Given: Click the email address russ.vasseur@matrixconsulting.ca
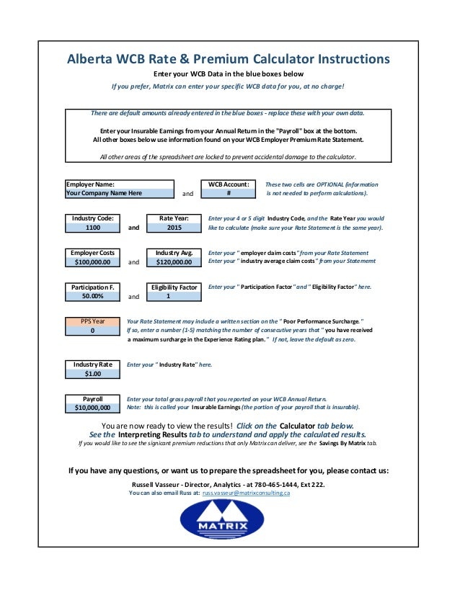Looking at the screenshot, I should point(246,493).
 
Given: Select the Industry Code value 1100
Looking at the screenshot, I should point(93,227).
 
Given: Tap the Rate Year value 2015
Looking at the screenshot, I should point(174,227).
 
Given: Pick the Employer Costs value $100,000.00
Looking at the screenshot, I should point(93,262).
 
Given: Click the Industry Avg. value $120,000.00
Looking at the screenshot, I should point(174,262).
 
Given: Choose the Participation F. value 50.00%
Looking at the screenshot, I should point(92,296).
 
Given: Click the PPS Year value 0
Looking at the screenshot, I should point(92,331).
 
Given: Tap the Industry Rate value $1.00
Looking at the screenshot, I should point(92,374).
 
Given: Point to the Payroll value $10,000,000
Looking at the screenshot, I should point(92,408).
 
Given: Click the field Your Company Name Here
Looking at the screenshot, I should point(120,193).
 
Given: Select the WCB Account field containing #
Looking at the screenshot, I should point(228,193).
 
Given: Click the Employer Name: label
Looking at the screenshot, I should point(90,184).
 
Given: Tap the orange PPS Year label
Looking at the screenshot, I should point(92,321).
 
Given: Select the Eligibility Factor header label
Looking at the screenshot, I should point(174,287).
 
